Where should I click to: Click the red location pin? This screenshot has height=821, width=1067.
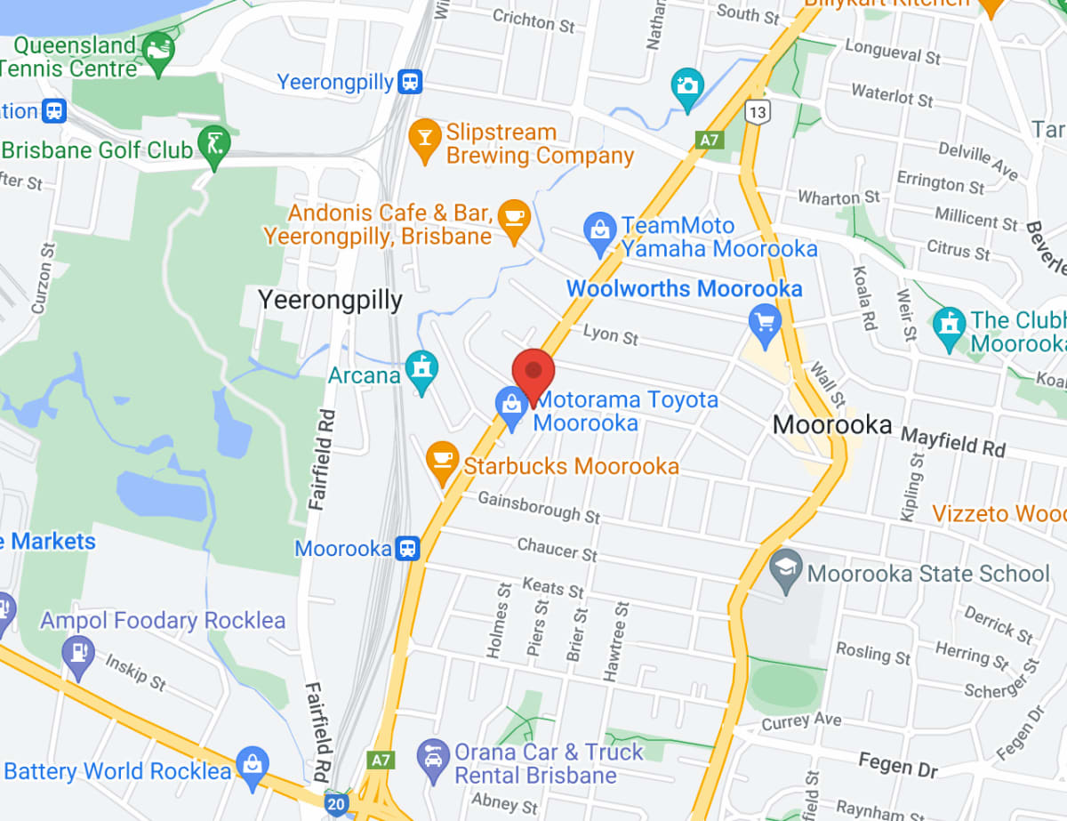tap(533, 371)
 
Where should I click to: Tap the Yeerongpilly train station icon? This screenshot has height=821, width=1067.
tap(410, 83)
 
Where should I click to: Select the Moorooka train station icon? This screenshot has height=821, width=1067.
tap(408, 548)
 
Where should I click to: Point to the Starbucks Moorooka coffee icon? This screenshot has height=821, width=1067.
tap(442, 460)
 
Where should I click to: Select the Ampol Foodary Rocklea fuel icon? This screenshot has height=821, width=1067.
tap(78, 653)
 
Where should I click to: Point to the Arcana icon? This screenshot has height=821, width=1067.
tap(421, 368)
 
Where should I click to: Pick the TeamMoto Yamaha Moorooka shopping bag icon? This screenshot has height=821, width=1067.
tap(600, 229)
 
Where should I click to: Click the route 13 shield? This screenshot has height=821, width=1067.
tap(758, 111)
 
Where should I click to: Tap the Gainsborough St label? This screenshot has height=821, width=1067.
tap(539, 506)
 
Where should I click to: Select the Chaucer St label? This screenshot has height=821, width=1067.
tap(558, 549)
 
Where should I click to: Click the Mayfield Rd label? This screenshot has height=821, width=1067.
tap(952, 440)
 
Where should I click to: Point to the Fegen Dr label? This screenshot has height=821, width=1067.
tap(898, 762)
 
